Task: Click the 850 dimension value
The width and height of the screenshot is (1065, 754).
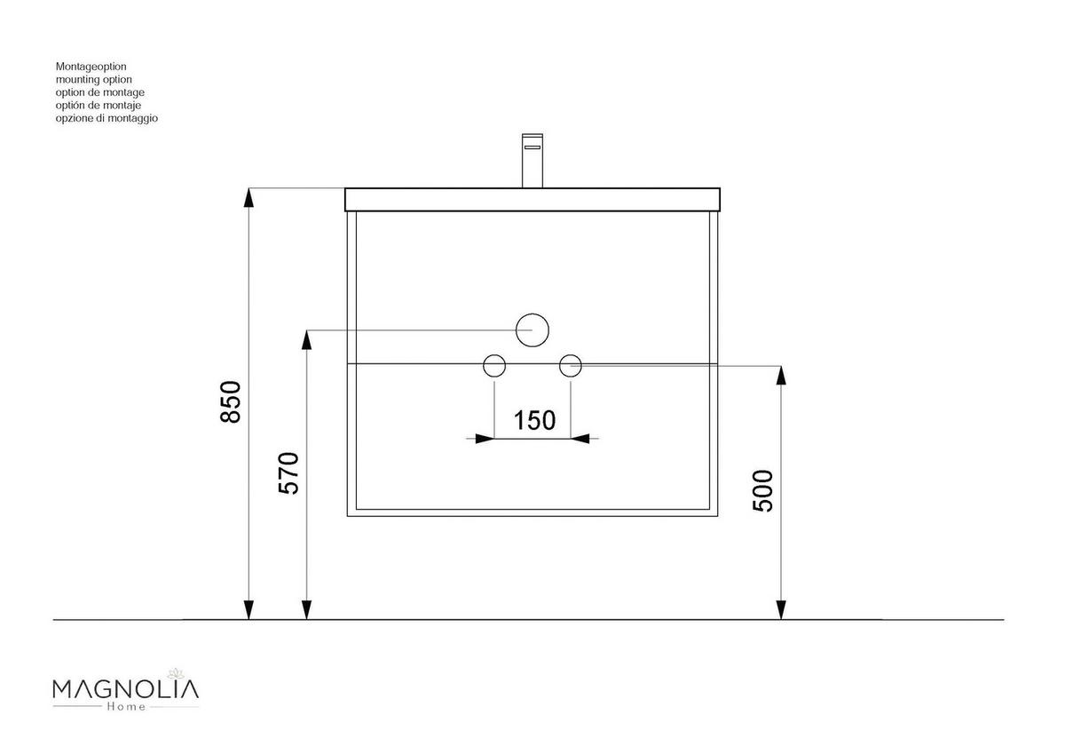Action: [231, 402]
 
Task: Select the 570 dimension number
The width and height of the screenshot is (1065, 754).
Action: [289, 473]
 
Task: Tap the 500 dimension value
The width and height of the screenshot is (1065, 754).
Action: [763, 490]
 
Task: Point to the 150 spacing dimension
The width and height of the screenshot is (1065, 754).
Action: [534, 420]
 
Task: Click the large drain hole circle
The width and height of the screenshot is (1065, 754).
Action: [532, 330]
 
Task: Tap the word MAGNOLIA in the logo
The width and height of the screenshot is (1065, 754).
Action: [125, 689]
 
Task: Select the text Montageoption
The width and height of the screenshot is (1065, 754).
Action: [91, 67]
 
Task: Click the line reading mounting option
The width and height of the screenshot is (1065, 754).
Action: [93, 79]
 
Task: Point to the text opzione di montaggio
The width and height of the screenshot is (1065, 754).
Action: [106, 118]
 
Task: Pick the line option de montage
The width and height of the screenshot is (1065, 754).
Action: [99, 92]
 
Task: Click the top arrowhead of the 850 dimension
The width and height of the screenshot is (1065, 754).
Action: [249, 197]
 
